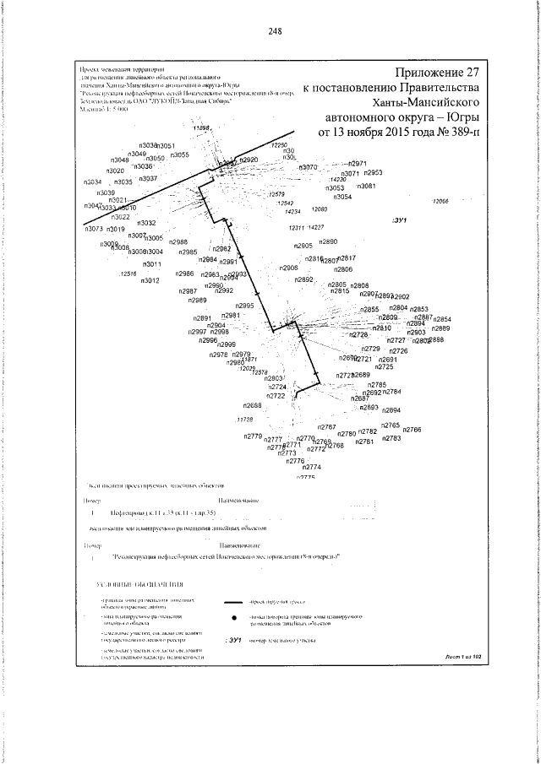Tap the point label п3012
coord(150,280)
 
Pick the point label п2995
coord(244,306)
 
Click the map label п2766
coord(412,430)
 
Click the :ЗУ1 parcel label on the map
coord(400,220)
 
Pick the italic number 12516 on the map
coord(129,274)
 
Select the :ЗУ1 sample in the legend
coord(235,641)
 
